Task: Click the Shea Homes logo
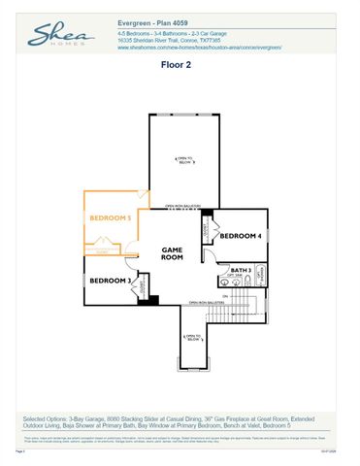[x=59, y=37]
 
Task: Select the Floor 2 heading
[x=180, y=68]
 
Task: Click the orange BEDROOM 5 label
[x=111, y=218]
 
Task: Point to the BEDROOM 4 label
[x=239, y=236]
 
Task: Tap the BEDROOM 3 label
[x=111, y=281]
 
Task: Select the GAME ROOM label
[x=172, y=254]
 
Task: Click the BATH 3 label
[x=242, y=269]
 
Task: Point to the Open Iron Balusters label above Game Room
[x=182, y=206]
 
